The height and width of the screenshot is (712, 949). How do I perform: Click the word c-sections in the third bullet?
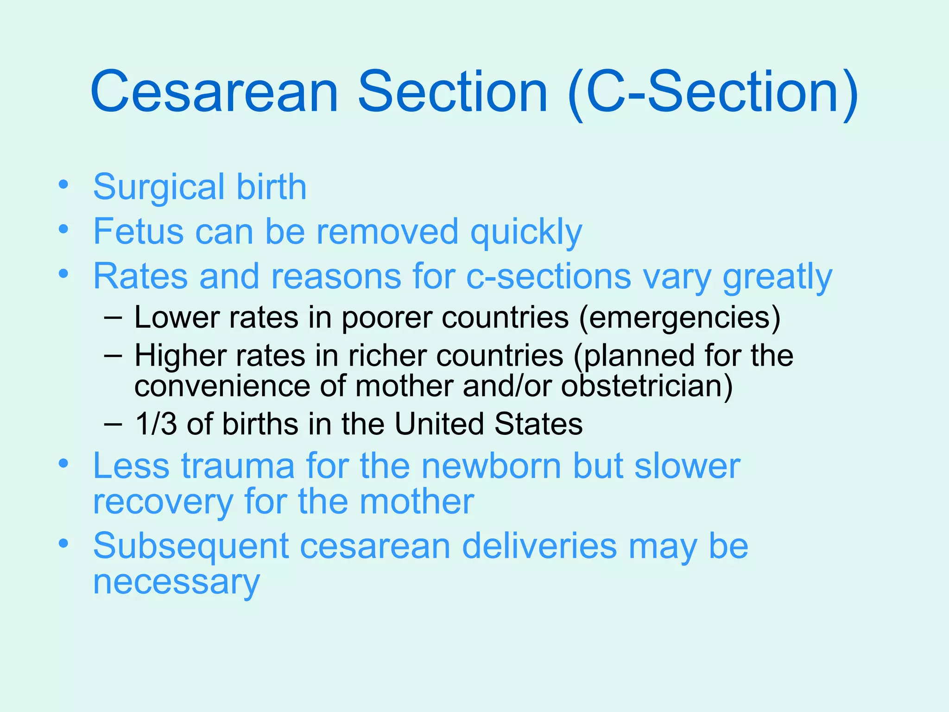[x=548, y=277]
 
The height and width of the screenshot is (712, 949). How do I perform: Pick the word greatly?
[x=777, y=278]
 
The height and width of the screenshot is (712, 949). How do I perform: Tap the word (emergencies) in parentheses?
[x=680, y=318]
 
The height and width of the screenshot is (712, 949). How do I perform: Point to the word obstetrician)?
[x=647, y=386]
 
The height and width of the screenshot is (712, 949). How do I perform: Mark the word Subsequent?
[x=191, y=547]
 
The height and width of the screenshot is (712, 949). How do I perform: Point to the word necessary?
[x=176, y=583]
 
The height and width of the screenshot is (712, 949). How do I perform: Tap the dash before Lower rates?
[x=114, y=318]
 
